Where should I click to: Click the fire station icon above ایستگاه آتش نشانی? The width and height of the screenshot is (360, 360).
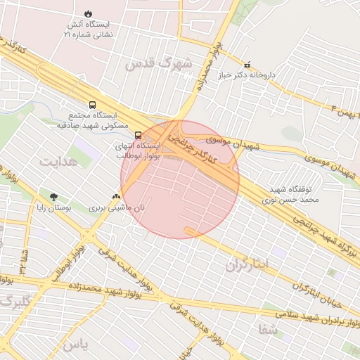(x=88, y=13)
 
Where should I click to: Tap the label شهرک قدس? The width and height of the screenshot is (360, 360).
(x=149, y=63)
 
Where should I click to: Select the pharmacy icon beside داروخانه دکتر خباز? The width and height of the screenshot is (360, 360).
(x=246, y=64)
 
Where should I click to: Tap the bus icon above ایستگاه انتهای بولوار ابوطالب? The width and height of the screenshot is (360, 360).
(x=138, y=135)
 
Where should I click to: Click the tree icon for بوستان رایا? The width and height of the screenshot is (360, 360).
(x=54, y=197)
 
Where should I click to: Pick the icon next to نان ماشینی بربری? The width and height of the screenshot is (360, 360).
(x=116, y=197)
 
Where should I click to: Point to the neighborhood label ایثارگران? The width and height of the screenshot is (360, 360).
(x=247, y=265)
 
